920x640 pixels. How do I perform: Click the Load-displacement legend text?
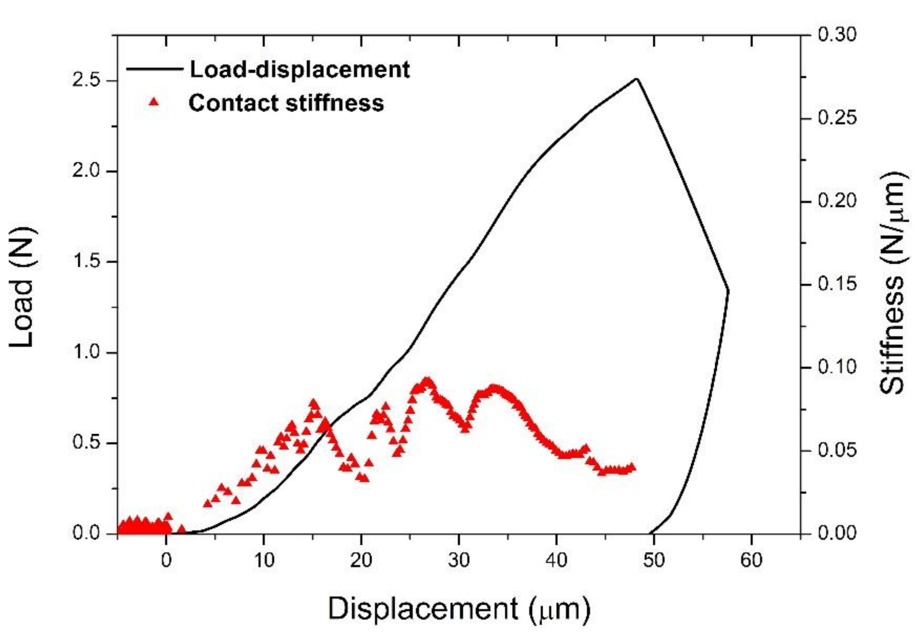point(300,69)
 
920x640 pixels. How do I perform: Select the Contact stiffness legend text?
point(286,103)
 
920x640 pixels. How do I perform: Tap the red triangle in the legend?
point(154,103)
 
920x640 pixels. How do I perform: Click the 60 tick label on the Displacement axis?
point(751,560)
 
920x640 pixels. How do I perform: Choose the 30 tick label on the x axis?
point(458,560)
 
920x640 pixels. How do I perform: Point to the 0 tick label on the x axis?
point(166,560)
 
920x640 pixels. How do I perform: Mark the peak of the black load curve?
point(636,79)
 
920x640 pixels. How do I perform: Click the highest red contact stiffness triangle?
point(427,380)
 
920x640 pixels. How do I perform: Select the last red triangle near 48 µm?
point(632,467)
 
